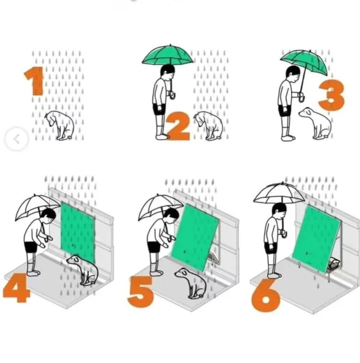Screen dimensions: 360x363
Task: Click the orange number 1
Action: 35,81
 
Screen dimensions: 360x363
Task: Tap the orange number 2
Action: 178,126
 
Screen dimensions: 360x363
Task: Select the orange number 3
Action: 332,95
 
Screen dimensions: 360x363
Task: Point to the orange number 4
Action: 16,288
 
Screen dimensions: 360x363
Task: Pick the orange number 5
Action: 141,292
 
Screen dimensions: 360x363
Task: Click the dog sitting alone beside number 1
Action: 60,125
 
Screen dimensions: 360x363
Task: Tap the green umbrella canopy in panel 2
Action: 167,55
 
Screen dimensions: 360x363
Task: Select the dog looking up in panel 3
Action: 316,123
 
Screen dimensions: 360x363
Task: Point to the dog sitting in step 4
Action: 83,270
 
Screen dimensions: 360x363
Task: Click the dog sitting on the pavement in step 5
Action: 191,283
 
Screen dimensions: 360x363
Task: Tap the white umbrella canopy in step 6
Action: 279,193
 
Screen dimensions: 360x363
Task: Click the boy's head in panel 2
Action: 168,70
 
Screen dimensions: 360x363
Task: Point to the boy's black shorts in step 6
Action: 270,248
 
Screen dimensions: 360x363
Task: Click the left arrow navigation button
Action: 17,139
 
